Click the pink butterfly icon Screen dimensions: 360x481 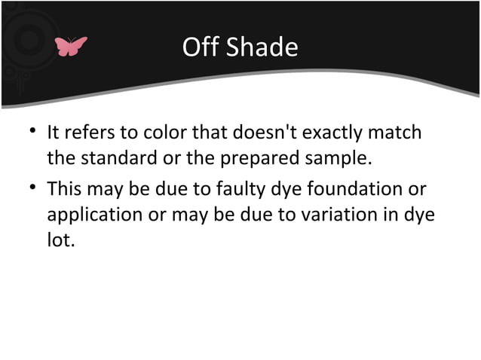point(71,47)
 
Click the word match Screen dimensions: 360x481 point(396,134)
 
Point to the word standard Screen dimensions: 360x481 point(112,160)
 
